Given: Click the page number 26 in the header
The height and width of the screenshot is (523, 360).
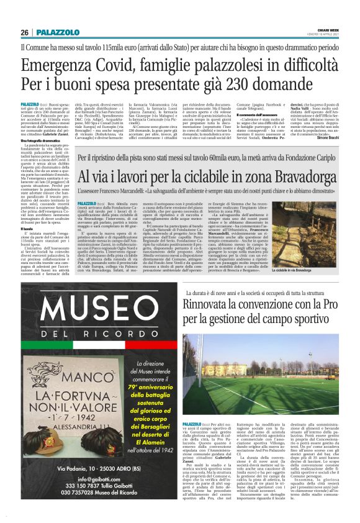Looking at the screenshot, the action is click(x=24, y=32).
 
